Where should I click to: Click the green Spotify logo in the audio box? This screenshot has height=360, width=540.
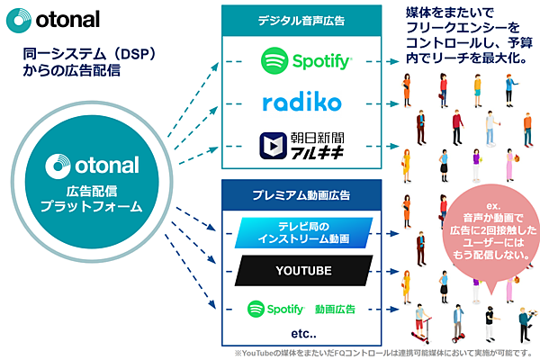305,61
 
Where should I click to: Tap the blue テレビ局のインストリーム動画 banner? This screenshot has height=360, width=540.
301,233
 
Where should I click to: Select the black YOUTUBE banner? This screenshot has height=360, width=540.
301,270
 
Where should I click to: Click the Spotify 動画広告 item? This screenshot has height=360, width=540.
302,308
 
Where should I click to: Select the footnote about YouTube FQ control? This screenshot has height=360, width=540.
384,352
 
